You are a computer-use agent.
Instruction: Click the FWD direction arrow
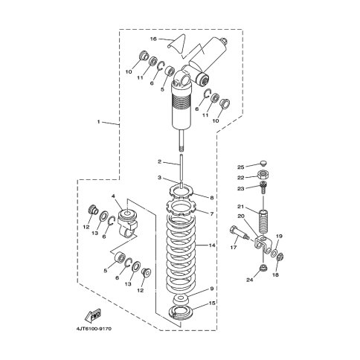[93, 315]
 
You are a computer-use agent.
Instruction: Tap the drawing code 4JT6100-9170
[94, 329]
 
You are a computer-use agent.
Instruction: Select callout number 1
[98, 122]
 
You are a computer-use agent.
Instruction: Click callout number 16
[153, 39]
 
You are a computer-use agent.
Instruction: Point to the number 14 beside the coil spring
[212, 245]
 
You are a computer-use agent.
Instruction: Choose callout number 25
[241, 167]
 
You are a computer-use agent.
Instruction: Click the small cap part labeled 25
[263, 163]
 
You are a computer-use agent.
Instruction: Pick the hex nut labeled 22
[263, 175]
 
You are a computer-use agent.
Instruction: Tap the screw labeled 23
[263, 188]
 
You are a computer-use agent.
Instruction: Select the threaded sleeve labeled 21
[263, 222]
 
